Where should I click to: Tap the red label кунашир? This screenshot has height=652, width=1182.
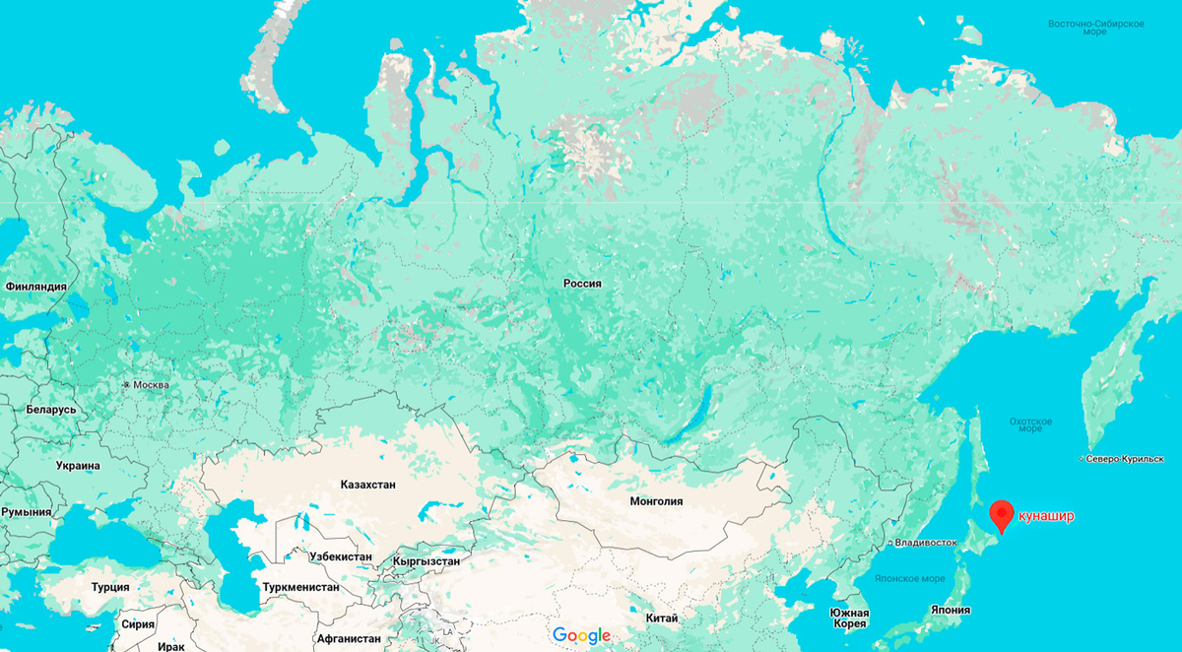[x=1046, y=515]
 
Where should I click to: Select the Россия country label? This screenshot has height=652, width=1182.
[x=582, y=284]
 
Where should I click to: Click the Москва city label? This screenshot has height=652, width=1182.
[x=151, y=385]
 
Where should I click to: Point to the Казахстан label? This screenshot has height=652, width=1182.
[x=367, y=486]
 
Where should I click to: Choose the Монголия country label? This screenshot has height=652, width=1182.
[x=656, y=501]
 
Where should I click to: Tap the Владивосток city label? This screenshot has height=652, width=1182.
[x=926, y=543]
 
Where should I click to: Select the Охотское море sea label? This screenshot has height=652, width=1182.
[x=1030, y=424]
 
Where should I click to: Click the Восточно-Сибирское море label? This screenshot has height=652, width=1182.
[x=1095, y=27]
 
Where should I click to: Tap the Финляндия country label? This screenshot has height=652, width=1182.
[x=35, y=287]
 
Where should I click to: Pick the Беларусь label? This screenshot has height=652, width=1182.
[x=50, y=410]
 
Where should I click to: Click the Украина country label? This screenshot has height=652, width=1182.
[x=78, y=466]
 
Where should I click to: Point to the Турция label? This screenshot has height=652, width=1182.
[x=110, y=587]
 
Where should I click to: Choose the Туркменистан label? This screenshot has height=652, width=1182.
[x=300, y=587]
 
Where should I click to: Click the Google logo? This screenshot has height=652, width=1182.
[x=581, y=635]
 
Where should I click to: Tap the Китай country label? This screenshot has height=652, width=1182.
[x=661, y=618]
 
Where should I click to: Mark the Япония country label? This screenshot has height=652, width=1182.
[x=952, y=610]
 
